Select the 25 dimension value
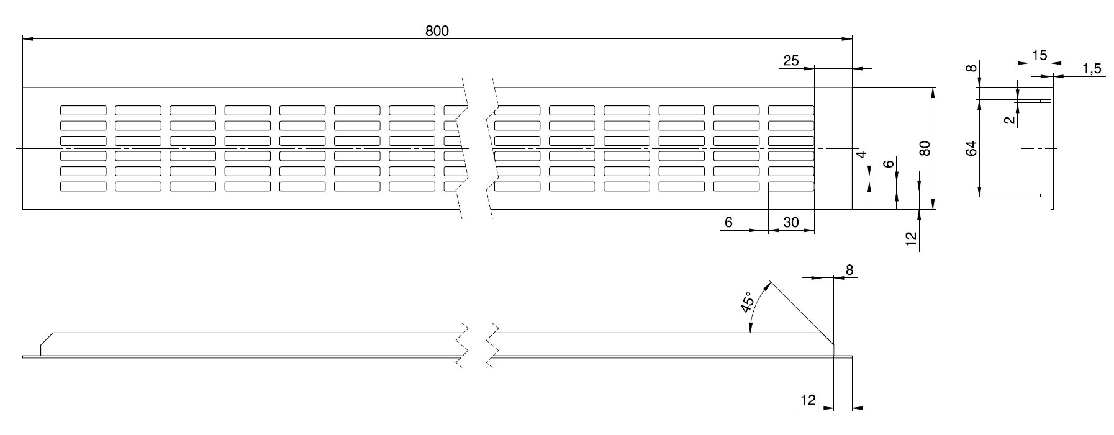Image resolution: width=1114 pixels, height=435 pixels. click(790, 61)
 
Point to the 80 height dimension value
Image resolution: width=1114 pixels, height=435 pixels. click(925, 149)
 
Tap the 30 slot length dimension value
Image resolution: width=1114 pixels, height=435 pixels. click(790, 222)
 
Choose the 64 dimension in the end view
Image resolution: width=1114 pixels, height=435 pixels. click(972, 149)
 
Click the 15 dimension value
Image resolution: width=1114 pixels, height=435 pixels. click(1039, 55)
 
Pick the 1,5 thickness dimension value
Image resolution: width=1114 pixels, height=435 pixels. click(1091, 69)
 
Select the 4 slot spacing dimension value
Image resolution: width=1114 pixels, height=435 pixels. click(861, 155)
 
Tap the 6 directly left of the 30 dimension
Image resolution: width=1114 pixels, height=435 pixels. click(729, 222)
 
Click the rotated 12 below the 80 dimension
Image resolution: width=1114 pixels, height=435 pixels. click(911, 240)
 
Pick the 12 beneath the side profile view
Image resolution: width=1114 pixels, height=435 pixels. click(808, 400)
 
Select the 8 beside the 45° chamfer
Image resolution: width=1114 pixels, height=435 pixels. click(849, 269)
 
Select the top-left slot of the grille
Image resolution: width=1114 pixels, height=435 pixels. click(83, 110)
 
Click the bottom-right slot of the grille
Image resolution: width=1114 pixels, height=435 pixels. click(790, 186)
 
